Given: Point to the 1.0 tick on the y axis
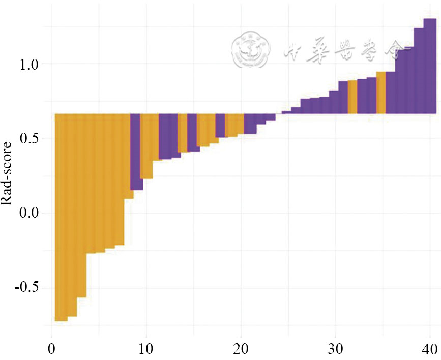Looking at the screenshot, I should pos(32,64).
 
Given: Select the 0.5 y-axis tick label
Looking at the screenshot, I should pos(32,139).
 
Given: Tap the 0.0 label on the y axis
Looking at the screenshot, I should pos(32,213).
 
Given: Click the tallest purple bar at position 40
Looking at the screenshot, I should pos(430,66).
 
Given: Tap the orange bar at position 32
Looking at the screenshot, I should pos(352,97).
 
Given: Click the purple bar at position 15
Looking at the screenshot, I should pos(192,133).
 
